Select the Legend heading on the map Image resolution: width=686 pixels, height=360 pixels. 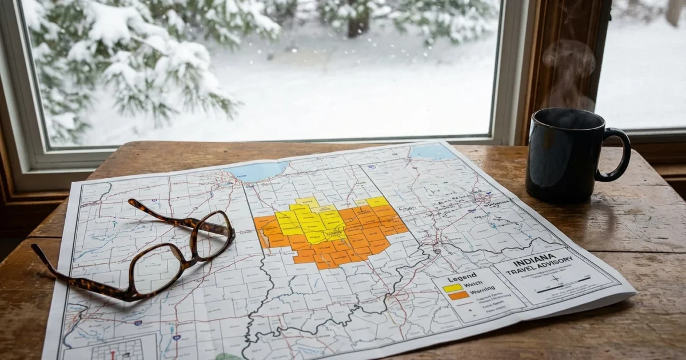coord(462,277)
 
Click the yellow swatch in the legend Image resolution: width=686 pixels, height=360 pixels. coord(453,287)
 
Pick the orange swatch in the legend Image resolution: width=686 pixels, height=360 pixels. coord(458,295)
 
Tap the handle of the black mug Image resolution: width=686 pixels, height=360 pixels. coord(619,154)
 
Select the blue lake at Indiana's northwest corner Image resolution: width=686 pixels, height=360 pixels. coord(260,170)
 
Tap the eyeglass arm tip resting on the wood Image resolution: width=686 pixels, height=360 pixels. coord(35,249)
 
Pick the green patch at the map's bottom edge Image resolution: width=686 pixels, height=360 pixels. coord(228,357)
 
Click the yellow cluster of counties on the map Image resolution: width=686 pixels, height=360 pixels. coord(312,220)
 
